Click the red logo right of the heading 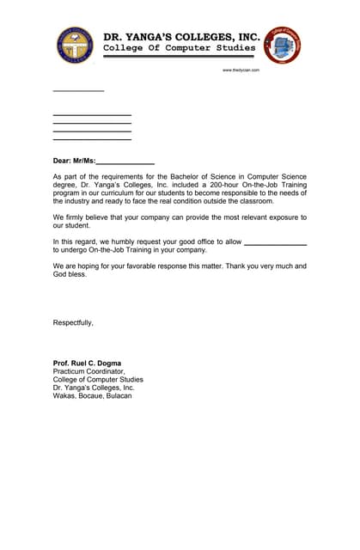(x=282, y=44)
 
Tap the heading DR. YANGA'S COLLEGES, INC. (x=180, y=37)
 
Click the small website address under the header (x=241, y=70)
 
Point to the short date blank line (x=78, y=90)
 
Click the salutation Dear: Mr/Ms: (x=74, y=161)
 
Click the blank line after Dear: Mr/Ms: (x=125, y=162)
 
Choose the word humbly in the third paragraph (x=136, y=242)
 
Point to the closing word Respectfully (x=73, y=322)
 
